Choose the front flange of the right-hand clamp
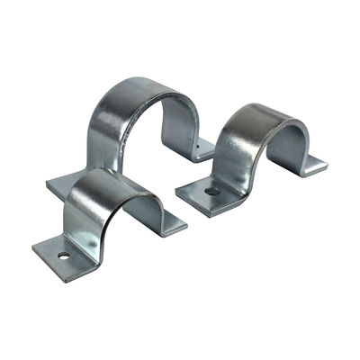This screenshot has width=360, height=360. [202, 193]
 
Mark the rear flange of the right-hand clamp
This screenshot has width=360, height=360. [310, 165]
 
